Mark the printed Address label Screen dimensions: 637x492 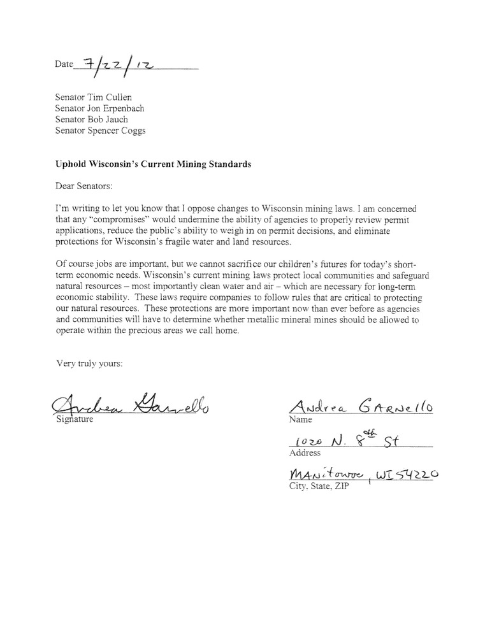click(305, 454)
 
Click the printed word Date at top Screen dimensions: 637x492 click(64, 65)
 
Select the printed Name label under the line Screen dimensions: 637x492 click(301, 420)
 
